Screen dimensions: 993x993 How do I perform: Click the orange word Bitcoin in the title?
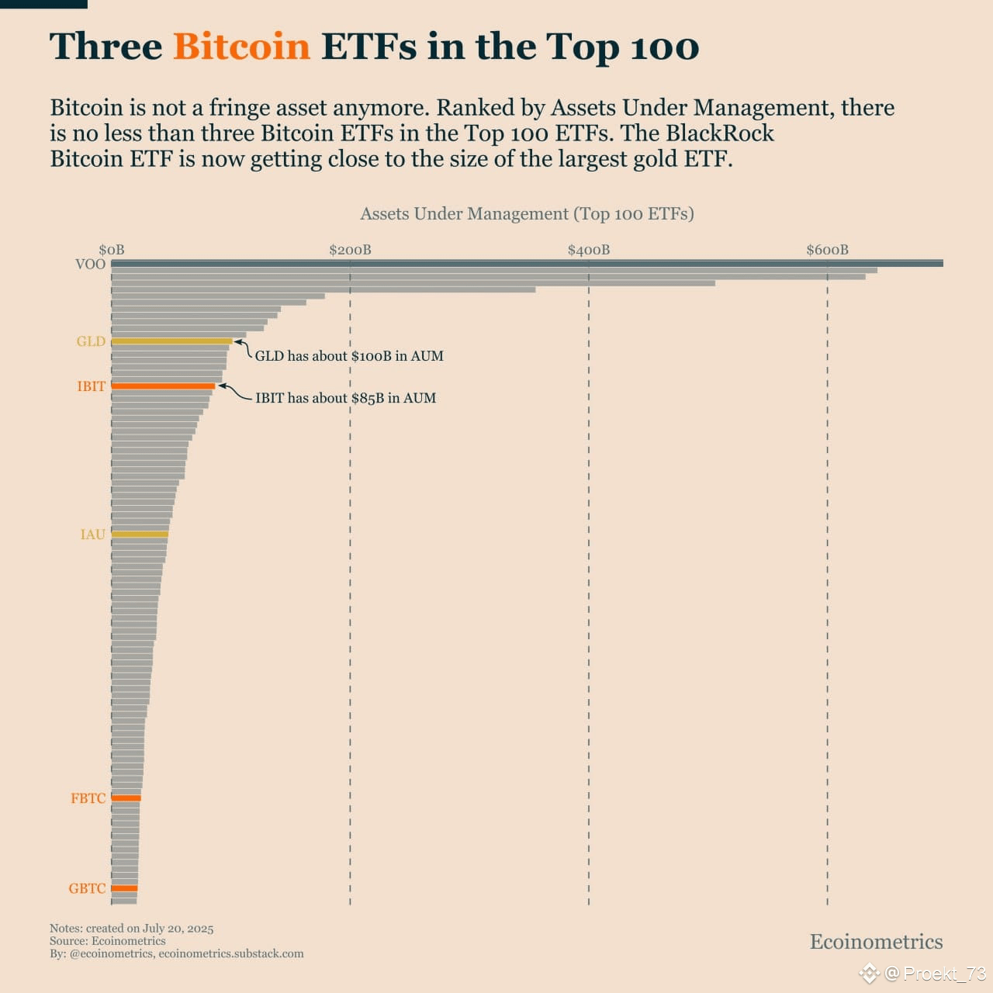coord(241,47)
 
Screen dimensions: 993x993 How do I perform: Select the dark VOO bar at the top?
coord(527,264)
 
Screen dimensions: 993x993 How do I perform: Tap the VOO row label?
coord(90,265)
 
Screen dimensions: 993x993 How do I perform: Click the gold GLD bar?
coord(171,341)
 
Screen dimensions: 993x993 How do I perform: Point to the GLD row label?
coord(91,341)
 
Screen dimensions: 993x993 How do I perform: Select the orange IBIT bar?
coord(163,386)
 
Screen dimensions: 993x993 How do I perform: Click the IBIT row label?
coord(91,386)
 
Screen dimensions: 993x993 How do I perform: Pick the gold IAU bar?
coord(140,535)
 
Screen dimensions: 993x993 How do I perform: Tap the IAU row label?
coord(92,535)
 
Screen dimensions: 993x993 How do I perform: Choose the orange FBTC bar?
coord(126,798)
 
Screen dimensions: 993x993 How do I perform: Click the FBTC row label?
coord(88,798)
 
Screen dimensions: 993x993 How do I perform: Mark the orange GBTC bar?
coord(124,888)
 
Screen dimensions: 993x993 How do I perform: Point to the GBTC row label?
coord(87,888)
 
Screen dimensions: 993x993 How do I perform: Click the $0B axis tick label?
coord(111,250)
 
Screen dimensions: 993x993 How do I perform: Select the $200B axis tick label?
coord(350,250)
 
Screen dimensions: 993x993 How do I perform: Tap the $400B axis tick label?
coord(589,250)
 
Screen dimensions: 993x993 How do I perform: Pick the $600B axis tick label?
coord(827,250)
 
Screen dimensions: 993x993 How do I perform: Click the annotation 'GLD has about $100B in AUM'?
coord(349,356)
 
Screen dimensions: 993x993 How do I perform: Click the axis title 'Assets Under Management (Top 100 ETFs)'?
coord(527,214)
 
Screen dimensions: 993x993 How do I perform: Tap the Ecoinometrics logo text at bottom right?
coord(876,942)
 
